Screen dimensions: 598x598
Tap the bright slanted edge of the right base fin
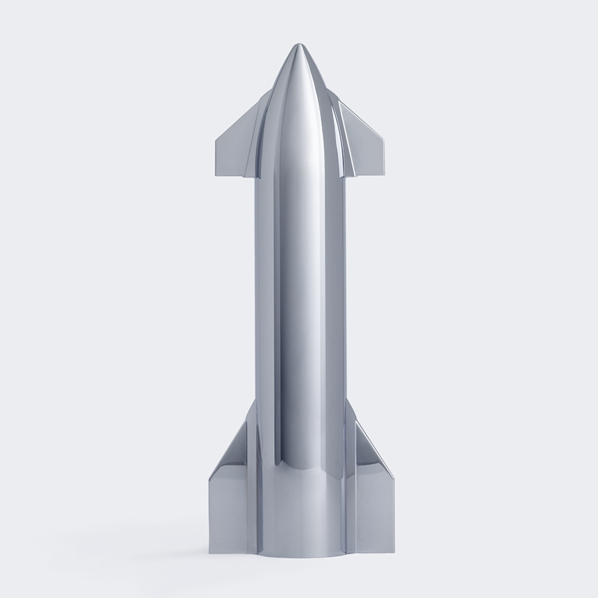(x=374, y=449)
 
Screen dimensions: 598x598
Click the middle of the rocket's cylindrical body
(x=300, y=299)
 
